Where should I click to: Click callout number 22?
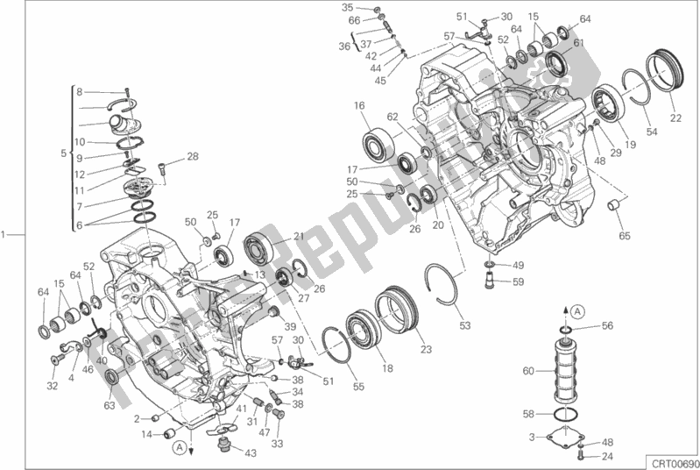[x=675, y=119]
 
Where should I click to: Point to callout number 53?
[x=464, y=326]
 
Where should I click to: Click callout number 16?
[x=359, y=106]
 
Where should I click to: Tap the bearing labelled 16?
[x=378, y=144]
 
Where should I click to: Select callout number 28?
[x=193, y=157]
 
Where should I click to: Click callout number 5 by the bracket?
[x=63, y=153]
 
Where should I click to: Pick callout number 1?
[x=5, y=234]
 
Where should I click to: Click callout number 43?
[x=251, y=452]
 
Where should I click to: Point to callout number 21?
[x=297, y=236]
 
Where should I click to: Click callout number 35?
[x=346, y=7]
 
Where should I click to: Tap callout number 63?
[x=109, y=405]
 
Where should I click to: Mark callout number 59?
[x=518, y=282]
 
